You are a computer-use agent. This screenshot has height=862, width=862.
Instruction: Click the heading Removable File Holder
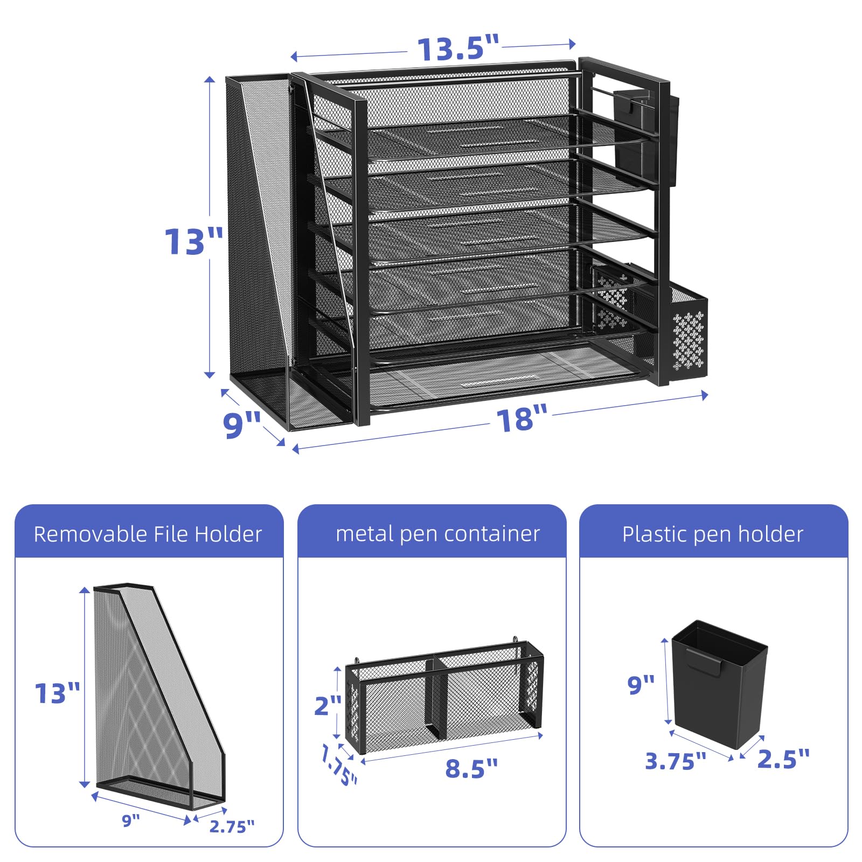tap(148, 534)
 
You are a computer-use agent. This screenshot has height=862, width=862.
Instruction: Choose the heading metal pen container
tap(437, 534)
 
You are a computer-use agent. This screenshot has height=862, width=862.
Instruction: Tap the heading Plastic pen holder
tap(713, 534)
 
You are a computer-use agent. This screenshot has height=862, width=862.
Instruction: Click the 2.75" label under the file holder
tap(232, 826)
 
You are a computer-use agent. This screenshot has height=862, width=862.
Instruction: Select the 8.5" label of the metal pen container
tap(471, 768)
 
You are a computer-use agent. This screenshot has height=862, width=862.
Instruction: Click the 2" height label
tap(328, 705)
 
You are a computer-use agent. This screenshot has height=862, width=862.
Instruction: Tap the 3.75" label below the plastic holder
tap(676, 761)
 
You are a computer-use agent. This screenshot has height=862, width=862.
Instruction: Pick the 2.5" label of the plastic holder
tap(783, 759)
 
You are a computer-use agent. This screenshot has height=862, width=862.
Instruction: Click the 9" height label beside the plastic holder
tap(641, 685)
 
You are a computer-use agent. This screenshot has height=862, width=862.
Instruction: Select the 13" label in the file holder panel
tap(57, 693)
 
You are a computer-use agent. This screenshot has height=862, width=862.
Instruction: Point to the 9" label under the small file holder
tap(131, 821)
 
